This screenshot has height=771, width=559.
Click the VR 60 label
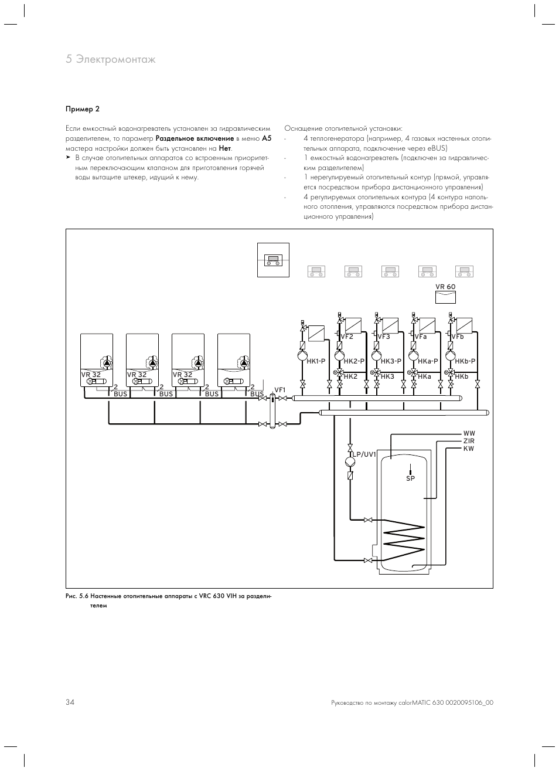tap(445, 287)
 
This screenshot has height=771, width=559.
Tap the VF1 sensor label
tap(279, 390)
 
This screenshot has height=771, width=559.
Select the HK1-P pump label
tap(316, 361)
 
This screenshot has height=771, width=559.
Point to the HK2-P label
tap(354, 361)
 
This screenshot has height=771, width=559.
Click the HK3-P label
tap(391, 361)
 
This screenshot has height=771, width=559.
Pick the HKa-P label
tap(428, 361)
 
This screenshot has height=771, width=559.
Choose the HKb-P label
tap(465, 361)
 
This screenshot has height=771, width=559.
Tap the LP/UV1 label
tap(363, 454)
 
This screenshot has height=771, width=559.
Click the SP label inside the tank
tap(410, 479)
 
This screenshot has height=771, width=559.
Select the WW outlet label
tap(469, 433)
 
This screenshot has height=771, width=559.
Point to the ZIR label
tap(469, 441)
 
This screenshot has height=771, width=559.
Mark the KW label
tap(469, 449)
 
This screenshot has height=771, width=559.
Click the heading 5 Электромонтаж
tap(111, 59)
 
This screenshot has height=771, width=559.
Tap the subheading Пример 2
tap(83, 109)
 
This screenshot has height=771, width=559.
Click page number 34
tap(70, 702)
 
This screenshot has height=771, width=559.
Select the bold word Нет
tap(225, 148)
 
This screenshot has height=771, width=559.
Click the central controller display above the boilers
tap(273, 259)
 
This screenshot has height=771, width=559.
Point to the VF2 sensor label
tap(347, 337)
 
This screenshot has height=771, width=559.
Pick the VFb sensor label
tap(458, 337)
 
